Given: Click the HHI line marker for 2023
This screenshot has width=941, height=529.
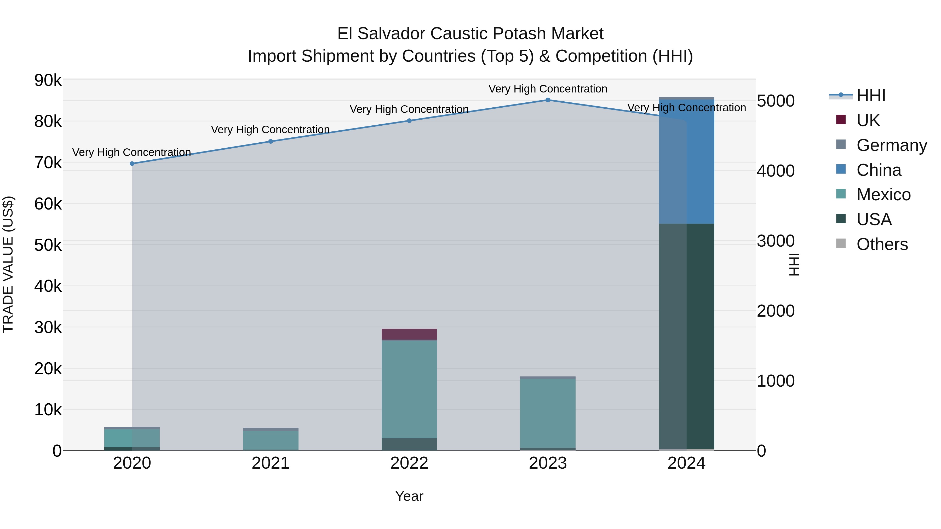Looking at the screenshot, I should click(548, 100).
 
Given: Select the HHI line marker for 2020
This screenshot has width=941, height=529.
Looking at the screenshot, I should click(132, 164).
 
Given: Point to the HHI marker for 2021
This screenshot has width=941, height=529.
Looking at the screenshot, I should click(271, 142).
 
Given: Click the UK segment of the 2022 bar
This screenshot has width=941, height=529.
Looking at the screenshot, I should click(409, 334).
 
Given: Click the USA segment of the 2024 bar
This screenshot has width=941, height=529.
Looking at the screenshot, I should click(686, 336).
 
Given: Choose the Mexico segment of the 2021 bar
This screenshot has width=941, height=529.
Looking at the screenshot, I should click(271, 440).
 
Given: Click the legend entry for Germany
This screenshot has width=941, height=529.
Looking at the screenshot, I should click(891, 145).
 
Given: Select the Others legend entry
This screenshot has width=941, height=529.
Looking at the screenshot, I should click(882, 244).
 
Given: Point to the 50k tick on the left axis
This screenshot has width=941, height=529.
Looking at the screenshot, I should click(48, 245).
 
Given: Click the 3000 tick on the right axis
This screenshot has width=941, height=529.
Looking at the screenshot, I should click(776, 241).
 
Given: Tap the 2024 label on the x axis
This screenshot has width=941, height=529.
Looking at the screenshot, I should click(686, 463).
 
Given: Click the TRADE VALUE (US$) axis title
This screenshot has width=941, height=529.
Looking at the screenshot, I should click(8, 264).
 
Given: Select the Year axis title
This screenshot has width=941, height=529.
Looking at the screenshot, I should click(409, 496).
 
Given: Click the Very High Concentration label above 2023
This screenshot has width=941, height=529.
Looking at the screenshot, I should click(548, 89).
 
